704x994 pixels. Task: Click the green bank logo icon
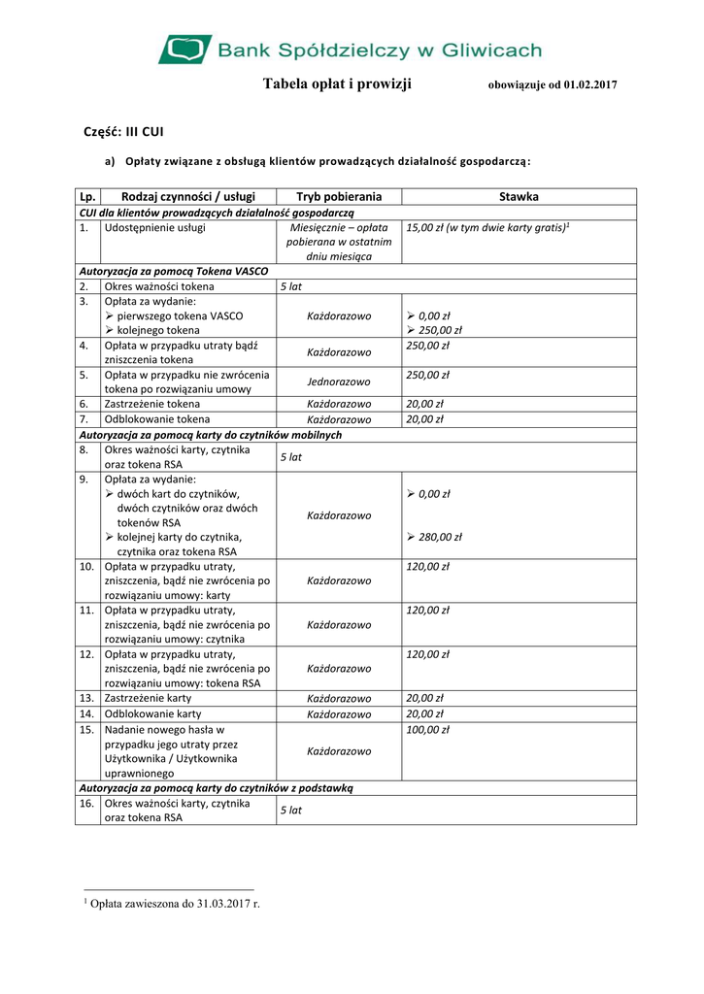pos(184,49)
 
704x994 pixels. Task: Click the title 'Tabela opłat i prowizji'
pos(337,84)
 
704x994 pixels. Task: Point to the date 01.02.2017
pos(587,85)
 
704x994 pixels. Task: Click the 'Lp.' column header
pos(88,197)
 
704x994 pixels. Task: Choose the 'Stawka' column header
pos(519,197)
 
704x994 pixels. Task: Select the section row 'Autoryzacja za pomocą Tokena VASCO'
pos(174,272)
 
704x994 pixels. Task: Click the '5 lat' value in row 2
pos(290,287)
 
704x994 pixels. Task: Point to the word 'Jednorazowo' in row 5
pos(339,382)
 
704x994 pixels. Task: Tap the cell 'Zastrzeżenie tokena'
pos(152,404)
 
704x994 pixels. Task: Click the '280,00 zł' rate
pos(440,537)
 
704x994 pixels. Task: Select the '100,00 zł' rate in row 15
pos(428,729)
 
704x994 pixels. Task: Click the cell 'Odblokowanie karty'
pos(152,713)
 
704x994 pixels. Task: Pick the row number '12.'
pos(86,654)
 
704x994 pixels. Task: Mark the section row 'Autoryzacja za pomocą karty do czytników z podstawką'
pos(216,788)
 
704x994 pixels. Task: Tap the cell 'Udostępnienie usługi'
pos(154,228)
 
